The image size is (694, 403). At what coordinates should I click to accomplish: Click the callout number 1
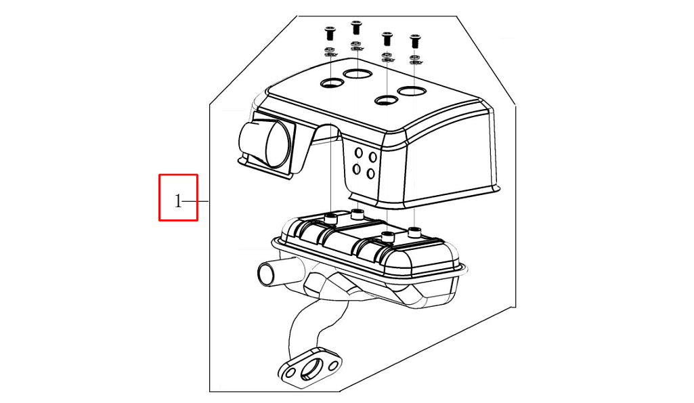point(178,202)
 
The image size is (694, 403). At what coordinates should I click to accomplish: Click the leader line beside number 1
point(195,202)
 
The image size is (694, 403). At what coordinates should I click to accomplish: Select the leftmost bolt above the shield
point(330,33)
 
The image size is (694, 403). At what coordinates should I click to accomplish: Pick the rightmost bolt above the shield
point(415,41)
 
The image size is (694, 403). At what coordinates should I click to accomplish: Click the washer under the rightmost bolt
point(416,60)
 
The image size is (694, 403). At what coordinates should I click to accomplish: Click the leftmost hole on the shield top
point(332,82)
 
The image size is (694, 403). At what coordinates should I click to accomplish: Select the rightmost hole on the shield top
point(412,91)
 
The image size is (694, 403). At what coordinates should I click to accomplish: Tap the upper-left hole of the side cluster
point(359,153)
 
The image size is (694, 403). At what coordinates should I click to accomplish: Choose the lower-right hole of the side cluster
point(371,173)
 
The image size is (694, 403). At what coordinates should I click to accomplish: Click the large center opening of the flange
point(312,370)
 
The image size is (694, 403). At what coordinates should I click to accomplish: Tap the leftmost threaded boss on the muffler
point(331,218)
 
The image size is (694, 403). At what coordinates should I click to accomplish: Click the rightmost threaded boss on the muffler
point(414,232)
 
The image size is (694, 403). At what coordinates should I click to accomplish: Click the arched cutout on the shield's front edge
point(326,133)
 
